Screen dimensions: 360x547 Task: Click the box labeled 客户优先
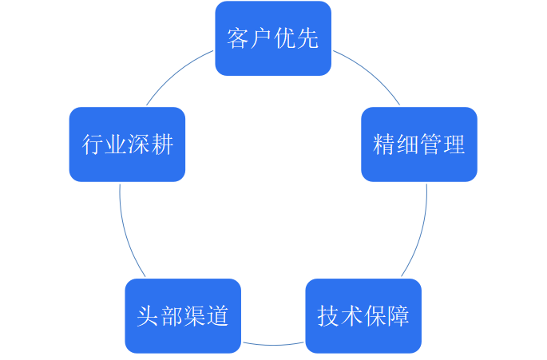[273, 38]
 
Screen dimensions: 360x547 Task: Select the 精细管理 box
[418, 144]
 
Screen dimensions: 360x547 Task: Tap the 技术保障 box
[363, 315]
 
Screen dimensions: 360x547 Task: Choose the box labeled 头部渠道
[183, 315]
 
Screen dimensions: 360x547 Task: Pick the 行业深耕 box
[128, 144]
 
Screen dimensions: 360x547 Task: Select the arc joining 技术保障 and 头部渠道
[273, 345]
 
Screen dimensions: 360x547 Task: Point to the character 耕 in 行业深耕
[162, 144]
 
